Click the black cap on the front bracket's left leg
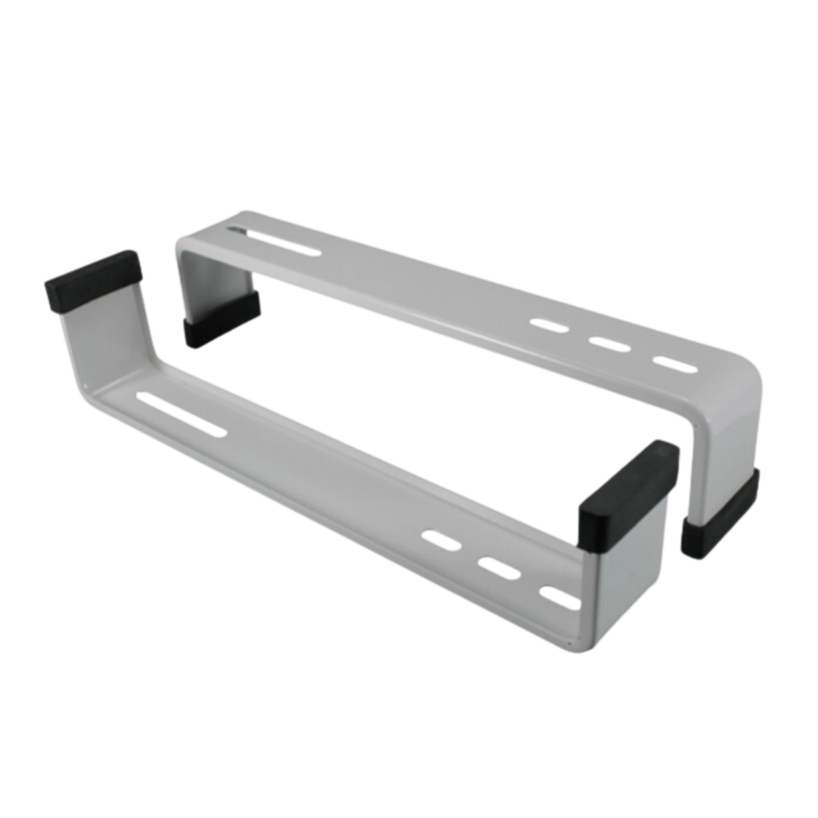[x=93, y=281]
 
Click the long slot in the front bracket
[x=181, y=412]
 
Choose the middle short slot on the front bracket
[x=498, y=569]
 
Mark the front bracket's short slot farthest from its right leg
[x=442, y=541]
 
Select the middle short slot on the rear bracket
[x=610, y=344]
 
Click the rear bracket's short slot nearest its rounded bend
[x=673, y=364]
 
